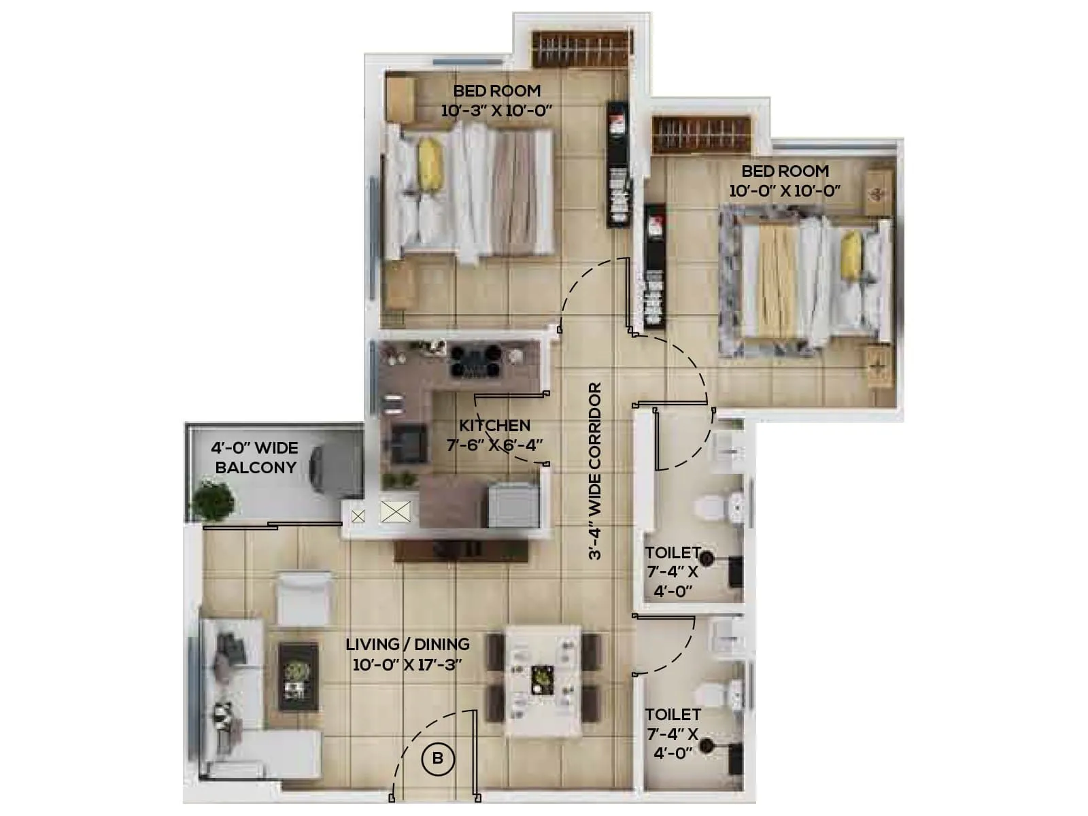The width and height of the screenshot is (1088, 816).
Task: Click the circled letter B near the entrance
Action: pos(437,758)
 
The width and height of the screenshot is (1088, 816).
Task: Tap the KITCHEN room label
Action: pos(494,426)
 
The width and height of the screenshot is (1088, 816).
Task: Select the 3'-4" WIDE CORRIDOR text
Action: pos(596,471)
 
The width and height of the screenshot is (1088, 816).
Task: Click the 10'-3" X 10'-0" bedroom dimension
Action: pos(496,111)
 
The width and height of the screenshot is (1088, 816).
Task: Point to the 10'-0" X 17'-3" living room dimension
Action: pos(407,664)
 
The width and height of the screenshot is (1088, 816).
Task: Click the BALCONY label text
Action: pos(256,468)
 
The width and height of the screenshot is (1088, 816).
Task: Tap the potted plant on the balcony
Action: pos(212,500)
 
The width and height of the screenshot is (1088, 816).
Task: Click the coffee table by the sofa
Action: pos(298,677)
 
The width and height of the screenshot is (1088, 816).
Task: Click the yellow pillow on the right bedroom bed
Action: pos(851,255)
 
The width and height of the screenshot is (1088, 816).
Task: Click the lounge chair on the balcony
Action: pos(333,468)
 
